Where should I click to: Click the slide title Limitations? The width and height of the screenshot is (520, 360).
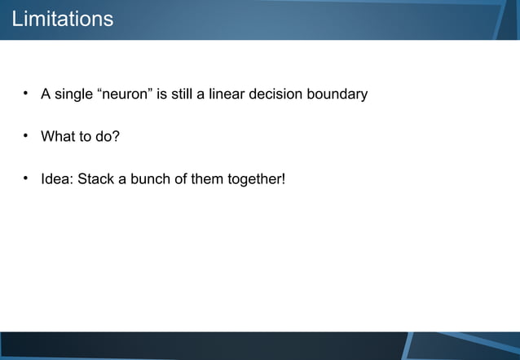click(63, 19)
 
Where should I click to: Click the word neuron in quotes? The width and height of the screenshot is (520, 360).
click(125, 94)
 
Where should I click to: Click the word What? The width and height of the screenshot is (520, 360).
click(58, 137)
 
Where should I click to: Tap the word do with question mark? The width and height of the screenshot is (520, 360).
click(108, 137)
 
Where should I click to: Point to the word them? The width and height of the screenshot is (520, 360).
click(206, 179)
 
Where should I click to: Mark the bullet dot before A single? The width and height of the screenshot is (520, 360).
click(26, 94)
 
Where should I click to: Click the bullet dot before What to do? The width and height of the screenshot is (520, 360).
click(26, 136)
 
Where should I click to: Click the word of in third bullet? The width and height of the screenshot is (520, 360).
click(180, 179)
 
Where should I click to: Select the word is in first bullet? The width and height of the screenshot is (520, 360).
click(161, 94)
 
